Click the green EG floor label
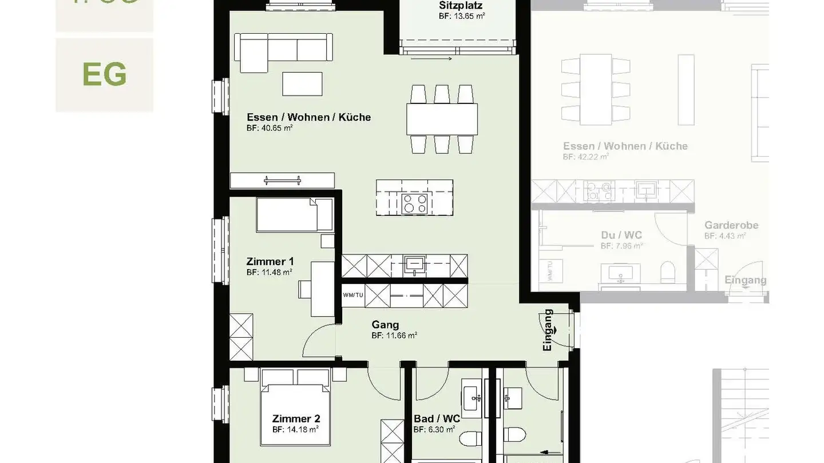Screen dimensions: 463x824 (x=104, y=74)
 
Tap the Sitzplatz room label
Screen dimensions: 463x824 (x=461, y=6)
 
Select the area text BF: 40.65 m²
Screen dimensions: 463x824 (x=270, y=128)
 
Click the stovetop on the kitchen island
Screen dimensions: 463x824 (x=414, y=203)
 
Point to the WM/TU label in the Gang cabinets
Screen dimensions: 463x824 (x=353, y=295)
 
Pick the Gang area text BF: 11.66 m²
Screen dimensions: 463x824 (x=394, y=336)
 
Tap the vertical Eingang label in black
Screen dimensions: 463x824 (x=548, y=330)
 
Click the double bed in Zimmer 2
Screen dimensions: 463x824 (x=296, y=407)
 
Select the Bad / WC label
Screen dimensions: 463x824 (x=437, y=419)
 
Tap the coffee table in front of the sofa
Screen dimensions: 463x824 (x=302, y=84)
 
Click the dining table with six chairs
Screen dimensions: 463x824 (x=442, y=119)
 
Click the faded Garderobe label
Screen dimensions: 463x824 (x=731, y=225)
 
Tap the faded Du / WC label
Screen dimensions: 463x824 (x=621, y=235)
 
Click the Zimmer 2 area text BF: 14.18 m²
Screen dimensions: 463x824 (x=295, y=429)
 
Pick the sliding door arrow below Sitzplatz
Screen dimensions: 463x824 (x=431, y=58)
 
